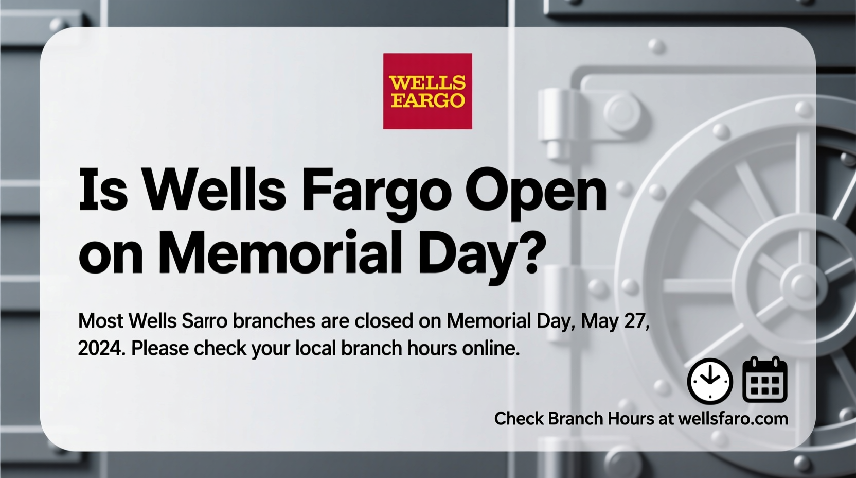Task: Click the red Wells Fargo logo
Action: pos(427,91)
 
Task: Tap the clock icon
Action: pos(710,381)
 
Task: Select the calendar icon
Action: pos(765,380)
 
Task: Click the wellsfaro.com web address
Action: pos(733,419)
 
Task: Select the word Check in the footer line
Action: pos(519,419)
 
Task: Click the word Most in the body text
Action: pos(100,321)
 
